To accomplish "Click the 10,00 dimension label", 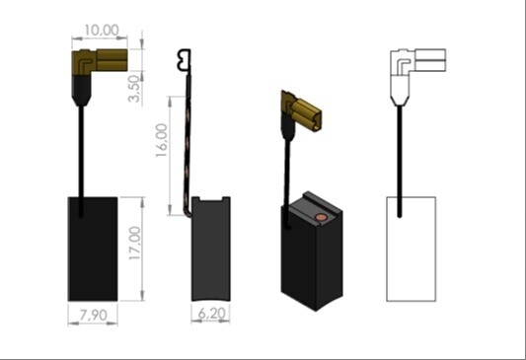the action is [102, 31].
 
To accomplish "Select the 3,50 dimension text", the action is [134, 89].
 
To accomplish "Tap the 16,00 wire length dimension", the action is [162, 140].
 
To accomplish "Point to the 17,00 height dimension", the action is [135, 244].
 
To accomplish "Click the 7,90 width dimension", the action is [93, 315].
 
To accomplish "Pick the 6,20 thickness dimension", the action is [211, 314].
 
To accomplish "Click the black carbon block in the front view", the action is [93, 249].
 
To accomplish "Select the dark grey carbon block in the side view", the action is [210, 249].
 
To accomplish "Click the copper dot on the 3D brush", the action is [321, 218].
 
